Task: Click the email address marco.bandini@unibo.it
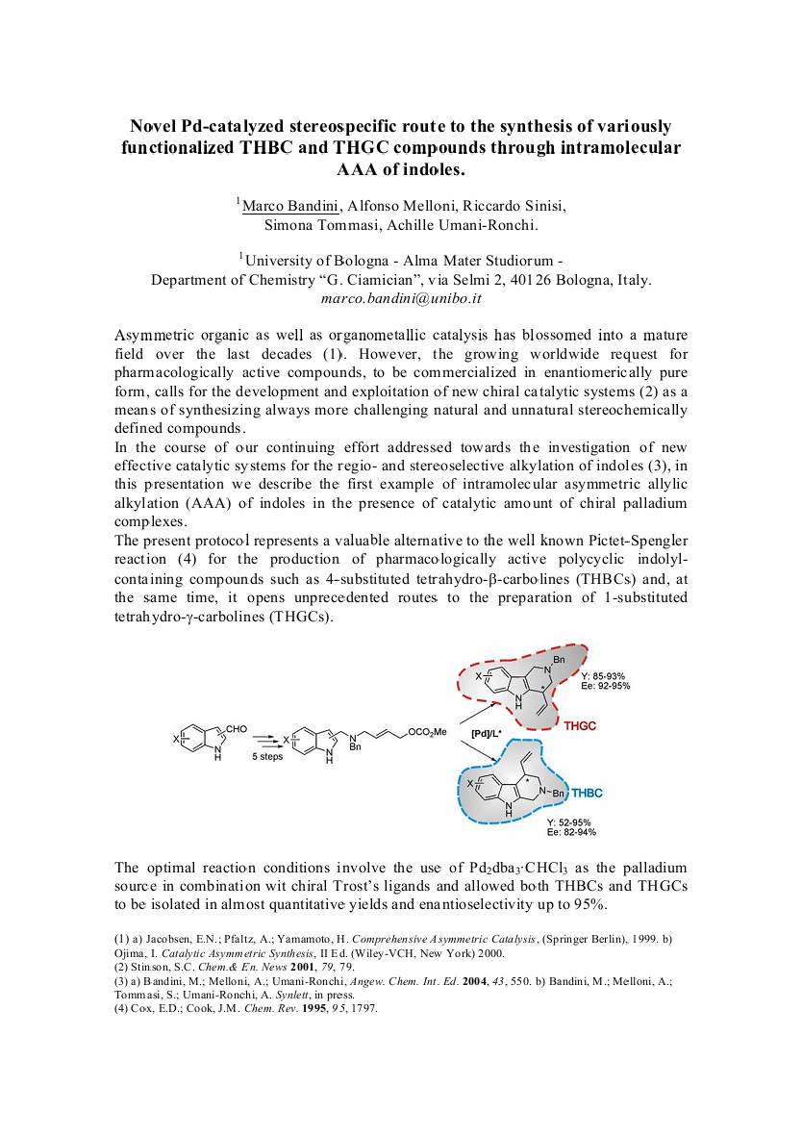pyautogui.click(x=401, y=298)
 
